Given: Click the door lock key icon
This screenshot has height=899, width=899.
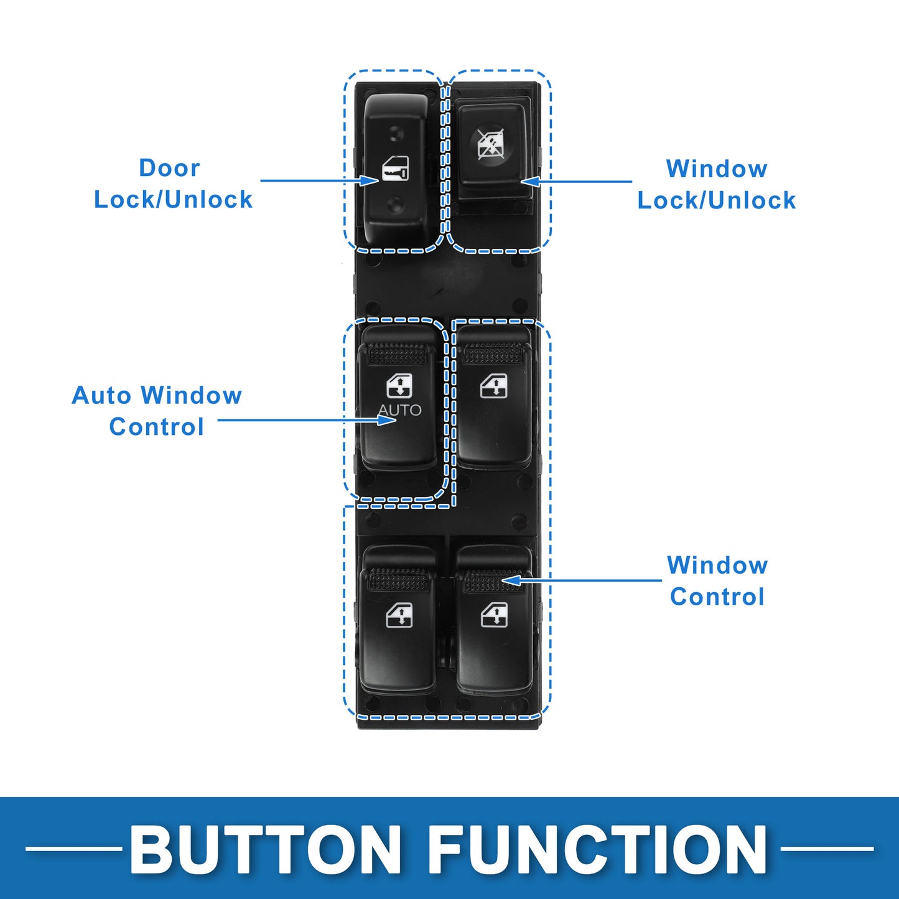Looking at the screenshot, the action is [395, 169].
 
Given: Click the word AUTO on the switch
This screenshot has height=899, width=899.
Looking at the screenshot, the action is [400, 410].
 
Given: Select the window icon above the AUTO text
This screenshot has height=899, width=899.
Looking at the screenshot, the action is [399, 387].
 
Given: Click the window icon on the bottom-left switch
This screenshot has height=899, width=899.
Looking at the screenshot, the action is [399, 615].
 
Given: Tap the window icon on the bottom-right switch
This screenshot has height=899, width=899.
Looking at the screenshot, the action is [494, 614].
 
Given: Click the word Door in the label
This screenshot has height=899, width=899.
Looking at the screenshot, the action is [170, 168].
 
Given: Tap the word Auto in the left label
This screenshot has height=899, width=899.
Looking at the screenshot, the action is [101, 396].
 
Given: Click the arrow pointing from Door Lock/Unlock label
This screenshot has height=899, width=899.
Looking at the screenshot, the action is [319, 180].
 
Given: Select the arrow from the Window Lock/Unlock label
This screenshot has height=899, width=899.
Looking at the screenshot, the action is [576, 182].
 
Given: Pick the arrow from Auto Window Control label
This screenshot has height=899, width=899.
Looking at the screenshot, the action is [307, 420].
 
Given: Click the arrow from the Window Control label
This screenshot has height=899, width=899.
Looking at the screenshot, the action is [582, 580].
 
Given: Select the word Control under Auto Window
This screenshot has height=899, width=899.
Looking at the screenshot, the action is [157, 427].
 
